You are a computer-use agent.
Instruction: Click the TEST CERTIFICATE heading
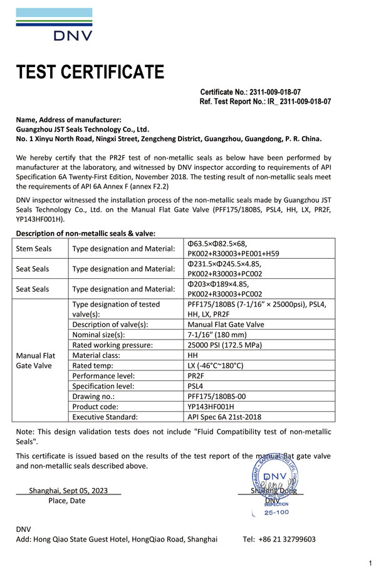[90, 72]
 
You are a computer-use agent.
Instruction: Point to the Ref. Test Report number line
[265, 101]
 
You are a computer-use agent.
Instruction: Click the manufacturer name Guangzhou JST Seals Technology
[82, 129]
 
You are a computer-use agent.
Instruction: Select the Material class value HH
[193, 355]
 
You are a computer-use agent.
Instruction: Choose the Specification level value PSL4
[197, 385]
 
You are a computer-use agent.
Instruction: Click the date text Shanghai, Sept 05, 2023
[68, 491]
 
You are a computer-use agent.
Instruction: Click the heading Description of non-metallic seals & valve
[85, 234]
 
